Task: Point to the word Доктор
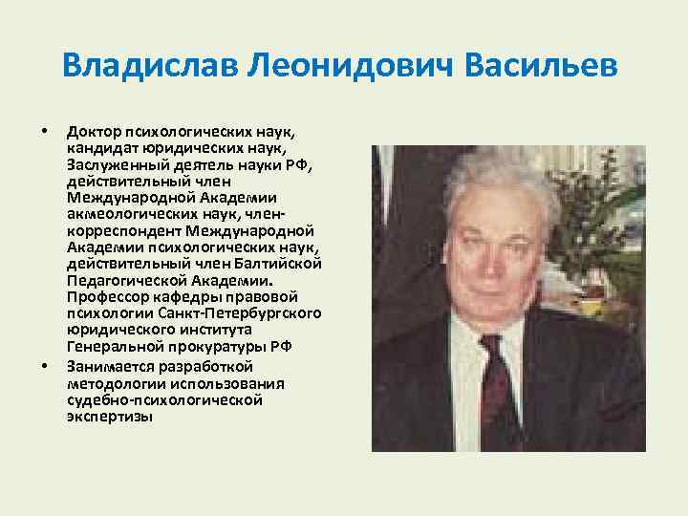click(x=92, y=130)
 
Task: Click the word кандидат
click(x=101, y=149)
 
